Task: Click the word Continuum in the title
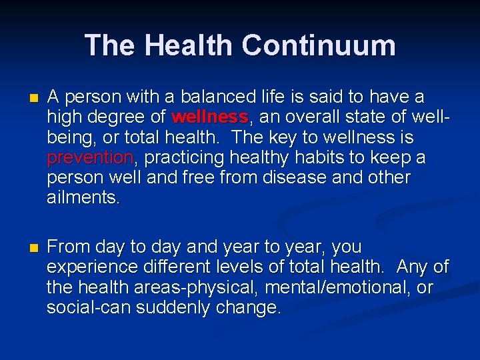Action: click(x=319, y=45)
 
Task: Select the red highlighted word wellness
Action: click(x=209, y=118)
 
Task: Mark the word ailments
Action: click(x=83, y=198)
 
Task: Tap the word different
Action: click(x=173, y=267)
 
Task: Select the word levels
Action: click(x=236, y=267)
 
